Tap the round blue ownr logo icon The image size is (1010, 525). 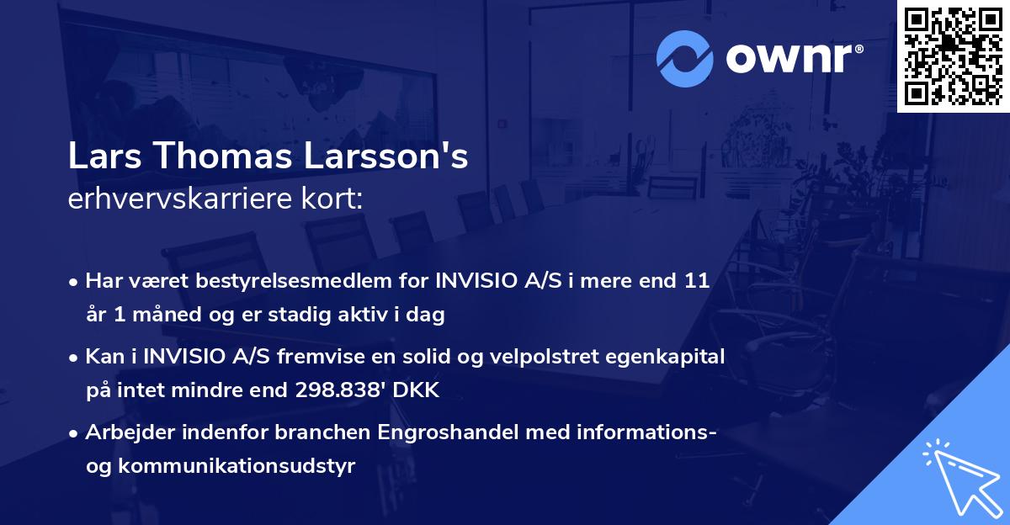tap(686, 57)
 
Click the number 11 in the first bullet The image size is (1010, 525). tap(698, 281)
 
